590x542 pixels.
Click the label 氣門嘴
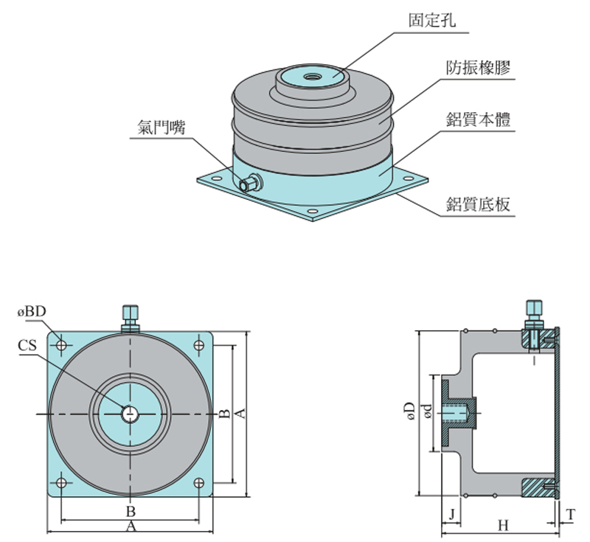(161, 127)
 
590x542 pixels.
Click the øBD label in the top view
(32, 312)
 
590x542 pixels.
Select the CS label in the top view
(28, 344)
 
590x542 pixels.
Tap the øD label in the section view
(410, 414)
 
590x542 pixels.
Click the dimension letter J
(450, 512)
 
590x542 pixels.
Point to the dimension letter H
(503, 525)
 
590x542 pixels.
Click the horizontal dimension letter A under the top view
(131, 527)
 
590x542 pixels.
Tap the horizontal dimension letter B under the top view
(130, 511)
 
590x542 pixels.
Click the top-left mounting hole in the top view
(62, 344)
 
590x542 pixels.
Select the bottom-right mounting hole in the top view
(200, 483)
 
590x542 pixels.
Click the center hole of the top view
(131, 414)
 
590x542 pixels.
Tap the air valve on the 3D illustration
(252, 182)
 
